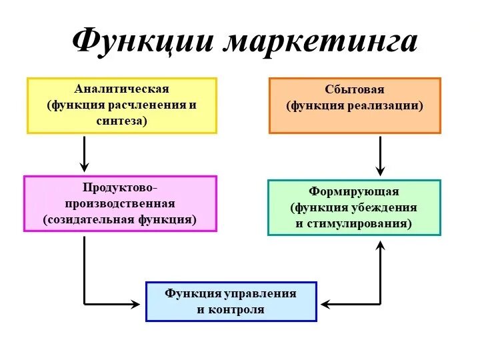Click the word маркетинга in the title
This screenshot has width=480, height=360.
click(322, 42)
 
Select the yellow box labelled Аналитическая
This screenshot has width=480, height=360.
click(122, 105)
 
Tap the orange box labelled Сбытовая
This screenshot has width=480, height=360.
click(355, 105)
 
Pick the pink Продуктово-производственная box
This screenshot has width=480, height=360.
click(120, 203)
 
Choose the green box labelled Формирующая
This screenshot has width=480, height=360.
click(354, 207)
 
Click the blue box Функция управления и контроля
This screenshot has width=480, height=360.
click(231, 301)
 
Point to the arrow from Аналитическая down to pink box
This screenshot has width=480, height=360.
click(84, 153)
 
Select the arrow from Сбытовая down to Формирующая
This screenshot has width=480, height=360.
click(380, 156)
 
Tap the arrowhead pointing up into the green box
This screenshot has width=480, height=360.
click(380, 245)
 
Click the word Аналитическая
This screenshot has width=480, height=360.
click(122, 89)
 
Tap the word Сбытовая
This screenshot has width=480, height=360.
click(355, 89)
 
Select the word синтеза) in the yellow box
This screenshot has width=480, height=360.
click(122, 121)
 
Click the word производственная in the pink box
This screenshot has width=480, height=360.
click(120, 203)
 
